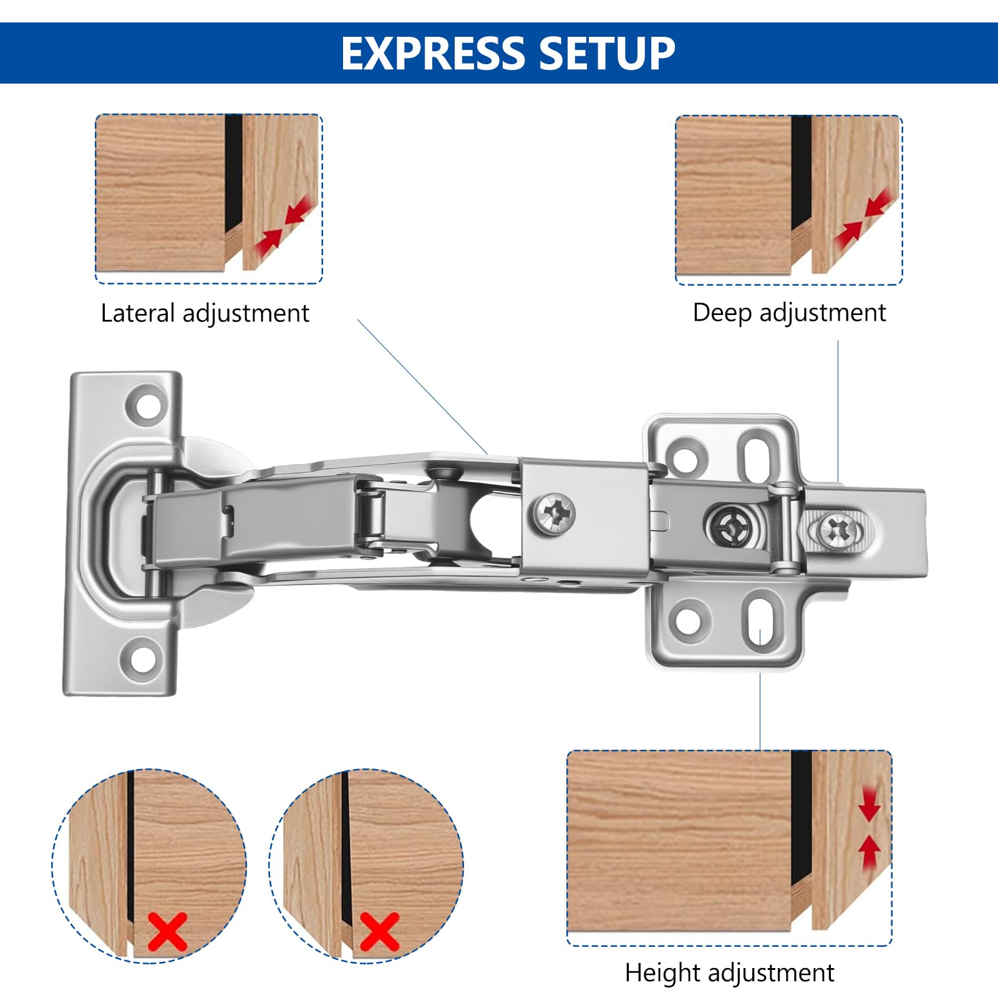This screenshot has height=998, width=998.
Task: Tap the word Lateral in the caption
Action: (x=138, y=312)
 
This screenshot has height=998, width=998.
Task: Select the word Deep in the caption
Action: (x=722, y=312)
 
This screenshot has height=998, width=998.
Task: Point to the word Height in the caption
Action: (x=663, y=972)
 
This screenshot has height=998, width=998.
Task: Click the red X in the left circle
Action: (x=168, y=931)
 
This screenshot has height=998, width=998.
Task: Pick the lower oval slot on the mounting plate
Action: (x=760, y=621)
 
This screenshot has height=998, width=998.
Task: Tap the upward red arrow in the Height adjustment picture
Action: (x=870, y=852)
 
